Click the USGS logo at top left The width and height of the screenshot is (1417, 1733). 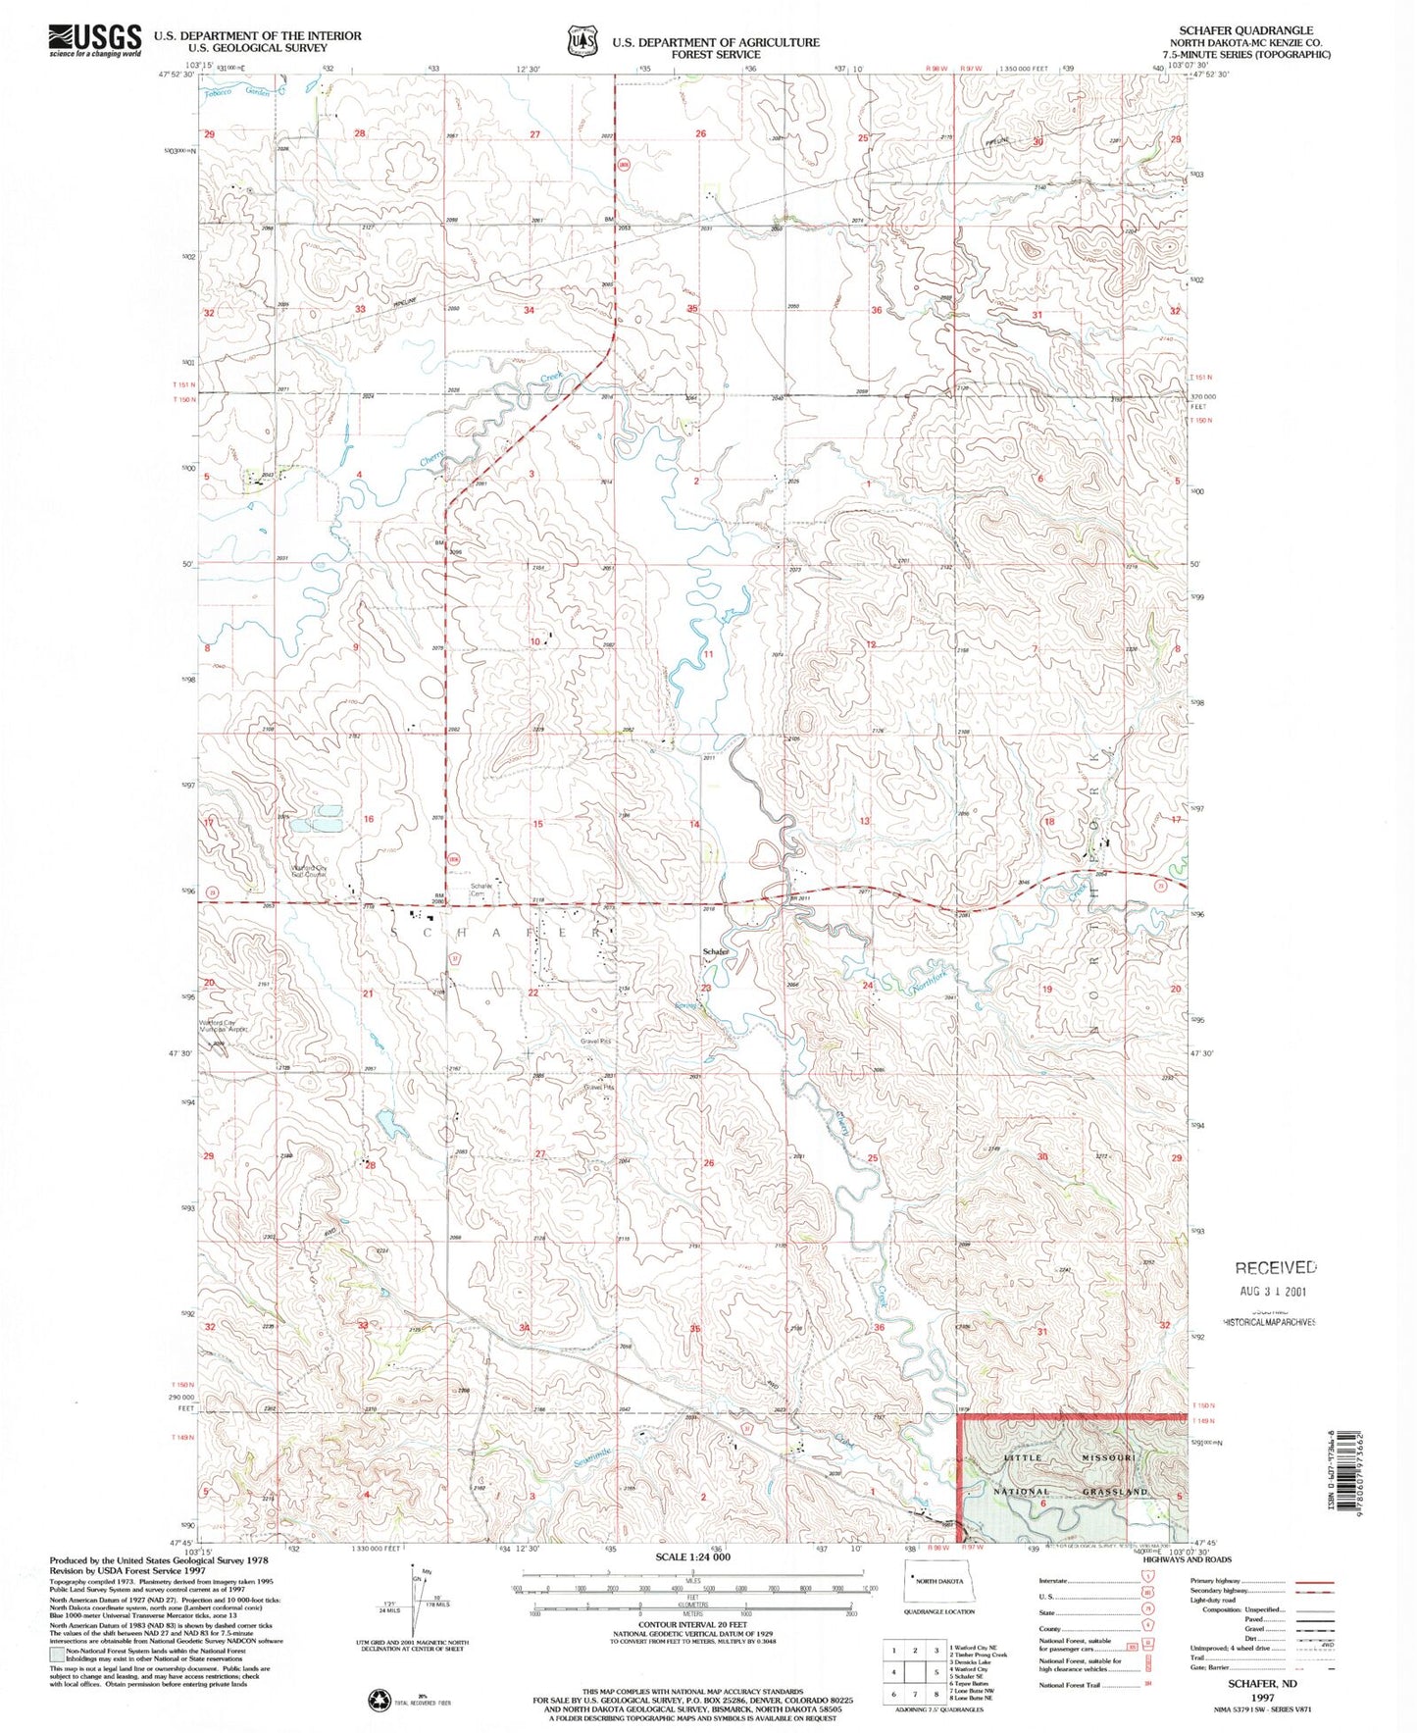click(x=94, y=40)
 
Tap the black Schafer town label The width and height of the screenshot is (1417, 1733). click(x=715, y=952)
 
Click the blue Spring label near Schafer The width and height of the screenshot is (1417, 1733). click(x=685, y=1005)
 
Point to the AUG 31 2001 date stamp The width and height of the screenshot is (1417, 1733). click(x=1276, y=1292)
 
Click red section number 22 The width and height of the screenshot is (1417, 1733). click(x=533, y=993)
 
